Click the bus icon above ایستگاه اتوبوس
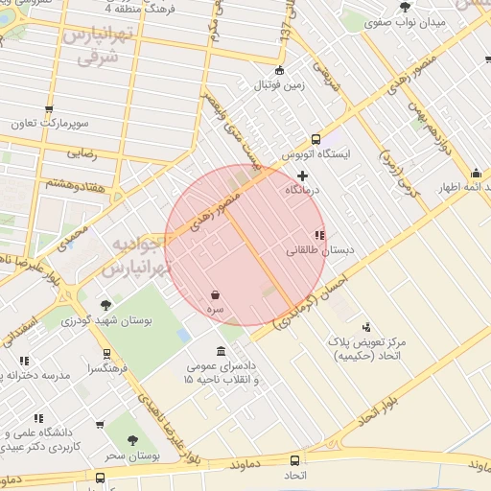coord(316,139)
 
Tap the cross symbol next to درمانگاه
coord(304,175)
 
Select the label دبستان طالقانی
coord(320,250)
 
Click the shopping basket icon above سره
coord(216,295)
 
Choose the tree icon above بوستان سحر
coord(132,440)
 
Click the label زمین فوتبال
coord(278,84)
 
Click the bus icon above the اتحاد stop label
coord(293,460)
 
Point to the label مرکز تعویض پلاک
coord(393,342)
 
